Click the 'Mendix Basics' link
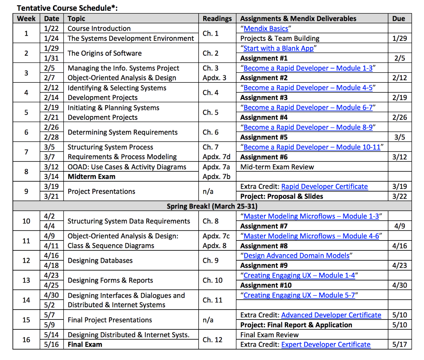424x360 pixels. (266, 29)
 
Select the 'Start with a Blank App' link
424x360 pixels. (278, 48)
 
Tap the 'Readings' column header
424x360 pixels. (217, 19)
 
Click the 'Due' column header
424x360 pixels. (398, 19)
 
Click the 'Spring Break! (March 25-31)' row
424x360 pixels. (212, 206)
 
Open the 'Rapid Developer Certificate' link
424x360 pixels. (324, 187)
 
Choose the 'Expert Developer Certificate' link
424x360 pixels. (326, 345)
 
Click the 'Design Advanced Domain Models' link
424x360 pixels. (296, 256)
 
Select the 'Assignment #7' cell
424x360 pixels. (264, 226)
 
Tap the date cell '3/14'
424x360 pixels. (51, 177)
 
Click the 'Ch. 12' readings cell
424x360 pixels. (212, 340)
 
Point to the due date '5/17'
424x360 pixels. (399, 345)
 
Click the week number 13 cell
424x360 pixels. (26, 281)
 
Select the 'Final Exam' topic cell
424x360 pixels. (85, 345)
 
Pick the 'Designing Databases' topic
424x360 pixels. (100, 261)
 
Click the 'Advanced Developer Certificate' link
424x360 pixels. (331, 315)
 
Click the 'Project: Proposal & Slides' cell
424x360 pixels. (282, 197)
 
